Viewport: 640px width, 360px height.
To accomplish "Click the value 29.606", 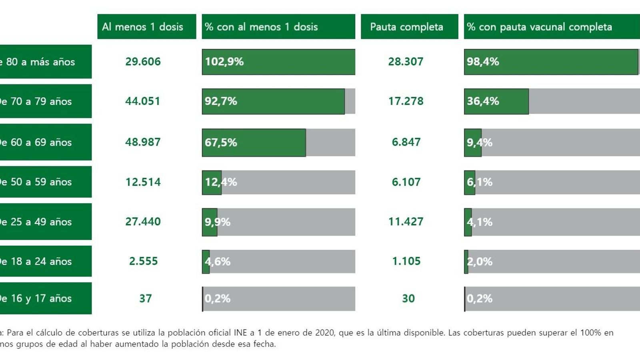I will tap(143, 62).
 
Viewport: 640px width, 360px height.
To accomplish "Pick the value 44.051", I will tap(143, 101).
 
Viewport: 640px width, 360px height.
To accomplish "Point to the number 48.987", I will tap(143, 142).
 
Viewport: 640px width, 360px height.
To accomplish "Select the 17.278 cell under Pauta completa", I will tap(406, 101).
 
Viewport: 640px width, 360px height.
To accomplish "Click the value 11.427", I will tap(406, 222).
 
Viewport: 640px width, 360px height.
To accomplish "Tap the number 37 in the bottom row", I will tap(146, 298).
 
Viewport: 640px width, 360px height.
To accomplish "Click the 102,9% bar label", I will tap(224, 62).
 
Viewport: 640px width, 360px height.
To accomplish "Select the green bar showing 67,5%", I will tap(254, 142).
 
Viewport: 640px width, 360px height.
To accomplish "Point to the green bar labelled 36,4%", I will tap(496, 101).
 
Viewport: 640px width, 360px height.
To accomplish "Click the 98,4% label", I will tap(483, 62).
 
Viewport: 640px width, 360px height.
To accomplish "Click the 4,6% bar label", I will tap(218, 262).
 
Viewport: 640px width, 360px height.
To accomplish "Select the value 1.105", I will tap(406, 261).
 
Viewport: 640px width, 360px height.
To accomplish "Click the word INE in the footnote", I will tap(240, 332).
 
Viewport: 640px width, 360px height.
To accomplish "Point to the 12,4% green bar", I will tap(212, 182).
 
